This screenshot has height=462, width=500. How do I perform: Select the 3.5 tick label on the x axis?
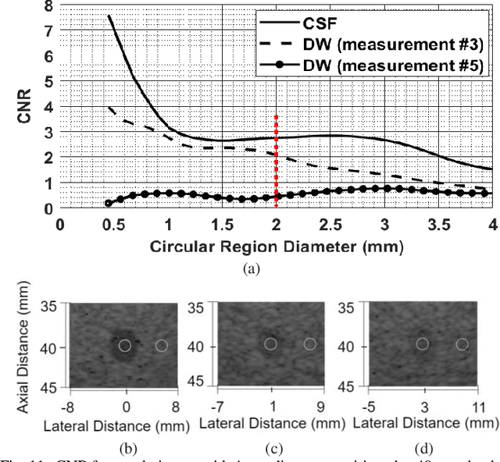438,226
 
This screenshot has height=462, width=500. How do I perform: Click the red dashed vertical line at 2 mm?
276,156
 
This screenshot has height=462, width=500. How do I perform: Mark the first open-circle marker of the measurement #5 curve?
109,203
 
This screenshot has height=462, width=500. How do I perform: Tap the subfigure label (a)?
252,268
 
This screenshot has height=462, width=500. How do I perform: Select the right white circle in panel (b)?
162,345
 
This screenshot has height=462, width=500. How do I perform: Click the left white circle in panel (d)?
422,343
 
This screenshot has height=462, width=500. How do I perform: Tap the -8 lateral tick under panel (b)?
70,407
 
